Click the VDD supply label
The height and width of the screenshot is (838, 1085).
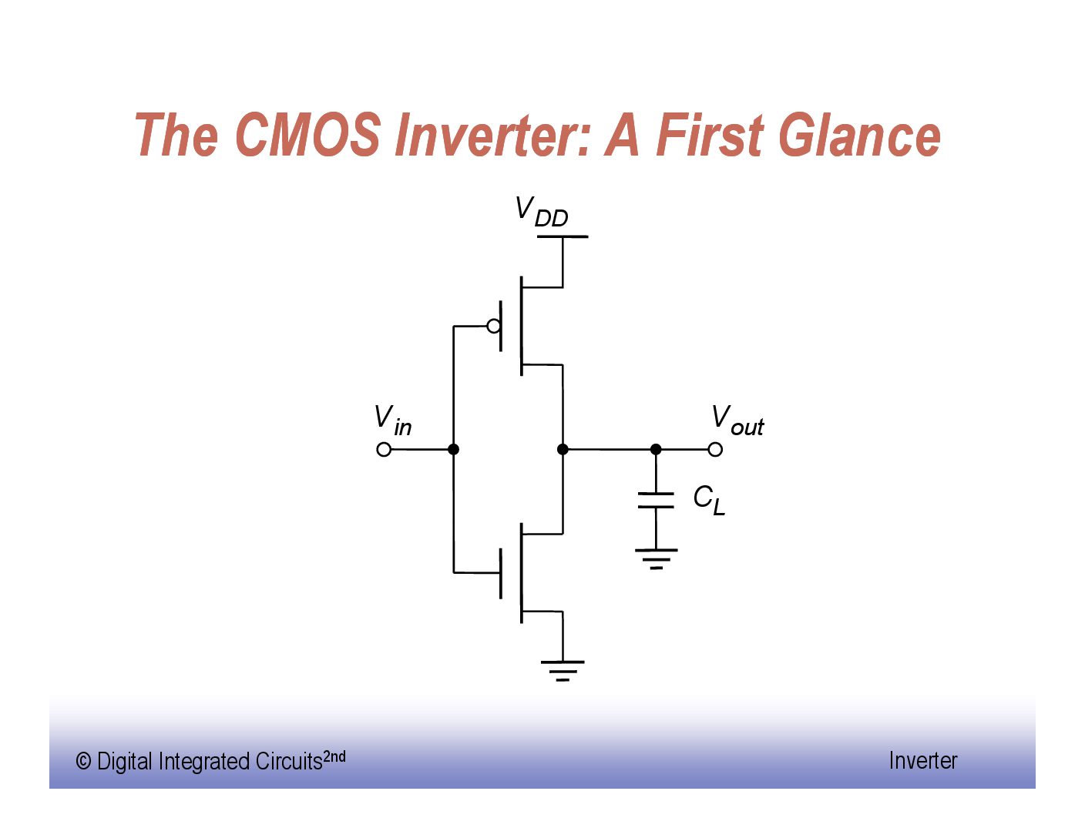click(x=541, y=212)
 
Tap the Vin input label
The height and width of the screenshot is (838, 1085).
click(x=392, y=421)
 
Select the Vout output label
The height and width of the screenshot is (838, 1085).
click(x=737, y=421)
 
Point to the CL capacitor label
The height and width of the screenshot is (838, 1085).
click(x=709, y=501)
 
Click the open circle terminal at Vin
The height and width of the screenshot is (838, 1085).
click(x=384, y=450)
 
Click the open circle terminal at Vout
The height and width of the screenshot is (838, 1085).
click(x=715, y=450)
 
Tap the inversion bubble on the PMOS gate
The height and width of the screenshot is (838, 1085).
click(x=494, y=327)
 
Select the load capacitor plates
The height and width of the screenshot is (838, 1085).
click(x=656, y=500)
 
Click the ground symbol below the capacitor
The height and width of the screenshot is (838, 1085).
click(x=656, y=559)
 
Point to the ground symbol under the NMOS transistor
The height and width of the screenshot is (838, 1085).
click(x=563, y=671)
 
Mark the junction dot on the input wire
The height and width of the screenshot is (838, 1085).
click(x=453, y=450)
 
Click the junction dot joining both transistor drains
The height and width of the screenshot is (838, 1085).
click(x=563, y=450)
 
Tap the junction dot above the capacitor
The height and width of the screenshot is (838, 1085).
click(x=656, y=450)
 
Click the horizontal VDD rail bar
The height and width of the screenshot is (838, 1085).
click(x=563, y=236)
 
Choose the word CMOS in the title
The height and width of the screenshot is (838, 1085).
click(x=308, y=134)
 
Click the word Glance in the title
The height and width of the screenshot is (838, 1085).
click(x=859, y=134)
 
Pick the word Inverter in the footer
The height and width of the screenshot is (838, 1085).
click(x=923, y=761)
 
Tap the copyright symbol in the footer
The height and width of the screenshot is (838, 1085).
click(x=83, y=762)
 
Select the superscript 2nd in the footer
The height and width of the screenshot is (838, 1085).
click(x=334, y=756)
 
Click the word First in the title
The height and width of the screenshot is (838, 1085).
click(x=710, y=134)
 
